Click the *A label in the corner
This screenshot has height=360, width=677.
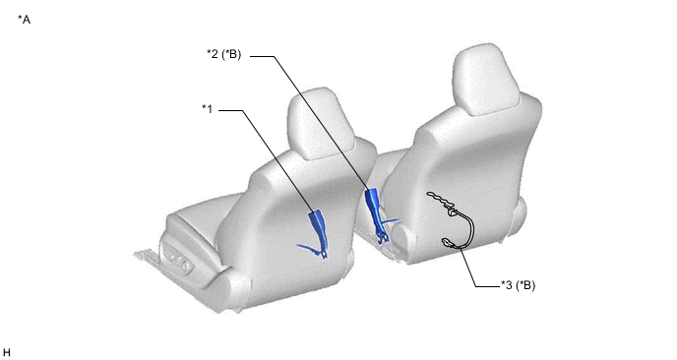pos(25,20)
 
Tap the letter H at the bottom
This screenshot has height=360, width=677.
pos(7,353)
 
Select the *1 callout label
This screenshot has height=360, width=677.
pos(208,109)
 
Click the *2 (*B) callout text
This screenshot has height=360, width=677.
pos(224,54)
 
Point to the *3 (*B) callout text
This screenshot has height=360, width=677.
pos(519,285)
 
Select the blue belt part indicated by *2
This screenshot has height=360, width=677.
pos(375,211)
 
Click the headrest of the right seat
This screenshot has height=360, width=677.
pos(487,79)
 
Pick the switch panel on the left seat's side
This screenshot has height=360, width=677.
pos(176,258)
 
